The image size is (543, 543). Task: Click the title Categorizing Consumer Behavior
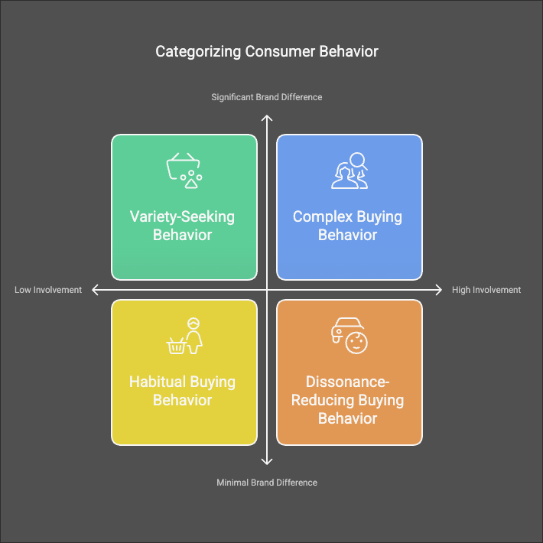[267, 52]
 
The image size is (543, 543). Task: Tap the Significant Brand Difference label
[267, 97]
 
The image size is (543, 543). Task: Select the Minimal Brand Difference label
[267, 483]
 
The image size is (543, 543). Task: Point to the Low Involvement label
[48, 290]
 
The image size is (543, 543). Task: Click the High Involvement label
[486, 290]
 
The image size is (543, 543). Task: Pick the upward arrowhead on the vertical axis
[267, 118]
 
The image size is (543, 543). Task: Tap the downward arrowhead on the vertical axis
[267, 461]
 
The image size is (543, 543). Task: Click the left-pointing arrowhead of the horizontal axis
[96, 290]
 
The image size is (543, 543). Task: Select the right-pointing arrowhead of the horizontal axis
[438, 290]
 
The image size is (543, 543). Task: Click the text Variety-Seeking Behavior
[182, 226]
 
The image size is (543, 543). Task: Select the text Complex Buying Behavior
[347, 226]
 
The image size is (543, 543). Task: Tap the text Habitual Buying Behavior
[182, 391]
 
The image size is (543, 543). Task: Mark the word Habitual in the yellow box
[158, 382]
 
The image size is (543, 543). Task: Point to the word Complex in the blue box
[321, 216]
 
